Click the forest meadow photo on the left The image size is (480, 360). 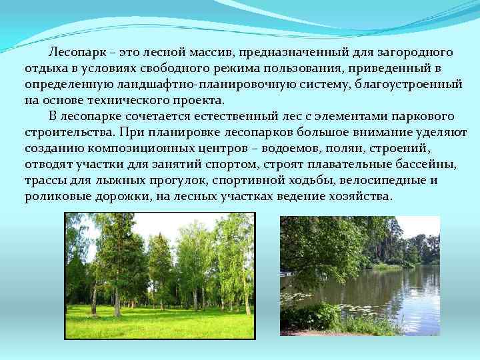[159, 275]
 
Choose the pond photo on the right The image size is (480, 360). [360, 275]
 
